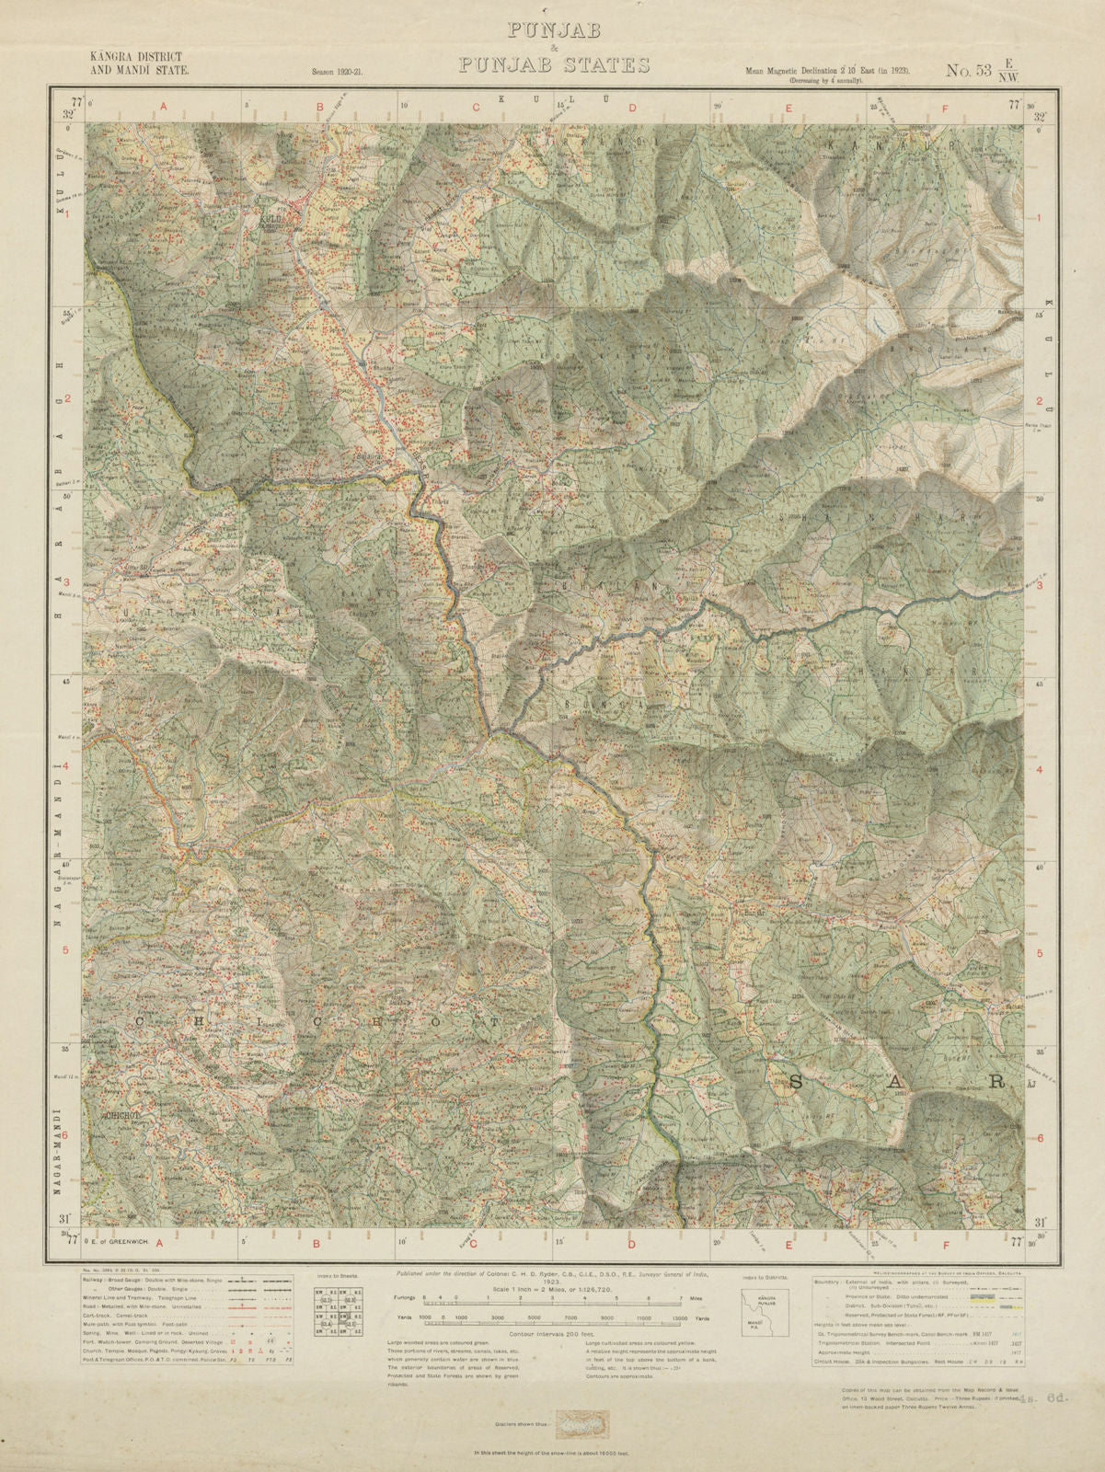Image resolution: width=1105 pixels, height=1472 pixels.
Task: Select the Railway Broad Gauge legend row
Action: [x=184, y=1281]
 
